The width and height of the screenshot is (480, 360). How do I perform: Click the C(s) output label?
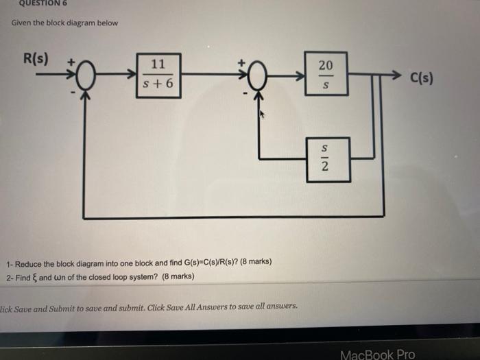420,77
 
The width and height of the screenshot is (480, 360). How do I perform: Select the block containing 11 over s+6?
158,75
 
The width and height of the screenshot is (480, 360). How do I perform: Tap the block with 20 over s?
326,75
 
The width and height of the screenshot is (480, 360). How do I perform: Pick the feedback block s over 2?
326,159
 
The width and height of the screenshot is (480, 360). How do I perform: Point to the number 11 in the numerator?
158,65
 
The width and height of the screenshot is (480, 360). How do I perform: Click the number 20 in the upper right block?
326,65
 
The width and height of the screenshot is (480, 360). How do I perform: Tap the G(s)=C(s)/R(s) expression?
213,263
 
